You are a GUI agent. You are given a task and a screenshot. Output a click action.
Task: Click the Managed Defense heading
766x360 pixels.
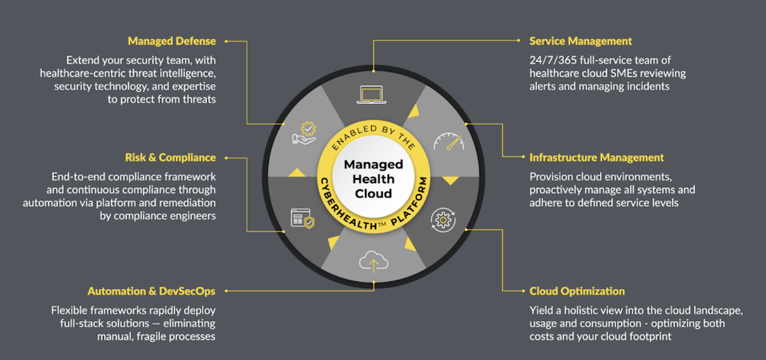click(x=171, y=41)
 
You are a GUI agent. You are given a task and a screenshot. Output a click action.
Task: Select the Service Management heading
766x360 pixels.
click(x=580, y=41)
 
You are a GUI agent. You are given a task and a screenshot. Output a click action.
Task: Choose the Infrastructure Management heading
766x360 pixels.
click(x=596, y=158)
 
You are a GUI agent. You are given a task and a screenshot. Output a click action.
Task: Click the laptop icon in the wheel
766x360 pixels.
click(x=371, y=95)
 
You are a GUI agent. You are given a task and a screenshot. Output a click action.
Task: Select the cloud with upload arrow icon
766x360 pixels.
click(x=372, y=261)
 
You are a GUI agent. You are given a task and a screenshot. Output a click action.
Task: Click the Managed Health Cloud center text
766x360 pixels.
click(x=373, y=179)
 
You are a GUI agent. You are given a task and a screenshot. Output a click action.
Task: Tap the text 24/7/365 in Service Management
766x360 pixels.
click(x=557, y=59)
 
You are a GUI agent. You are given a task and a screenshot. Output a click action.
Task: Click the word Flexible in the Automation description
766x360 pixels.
click(x=70, y=309)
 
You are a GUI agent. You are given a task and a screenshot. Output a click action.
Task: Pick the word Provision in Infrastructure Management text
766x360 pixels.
click(x=554, y=176)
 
